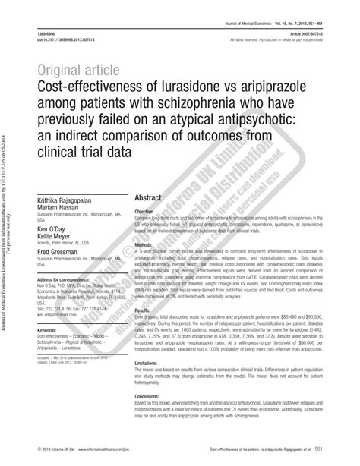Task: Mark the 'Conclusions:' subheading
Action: click(x=150, y=397)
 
